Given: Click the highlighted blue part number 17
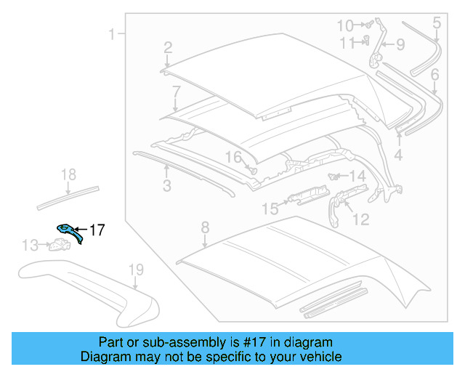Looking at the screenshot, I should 69,232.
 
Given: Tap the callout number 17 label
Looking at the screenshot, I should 97,230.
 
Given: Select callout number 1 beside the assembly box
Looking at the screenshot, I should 113,33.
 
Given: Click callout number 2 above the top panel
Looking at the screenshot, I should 168,48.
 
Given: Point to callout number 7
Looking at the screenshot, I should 176,92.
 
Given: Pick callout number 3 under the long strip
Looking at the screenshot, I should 167,186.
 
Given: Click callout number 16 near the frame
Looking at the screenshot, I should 232,158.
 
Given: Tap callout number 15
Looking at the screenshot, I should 270,209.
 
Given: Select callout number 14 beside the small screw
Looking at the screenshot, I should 357,177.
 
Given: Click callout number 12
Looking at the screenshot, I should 360,219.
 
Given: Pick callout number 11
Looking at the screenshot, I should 347,43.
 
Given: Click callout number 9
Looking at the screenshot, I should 400,45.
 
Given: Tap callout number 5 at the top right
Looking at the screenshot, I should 437,23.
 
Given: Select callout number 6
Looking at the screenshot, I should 434,74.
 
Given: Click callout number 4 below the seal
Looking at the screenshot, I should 398,155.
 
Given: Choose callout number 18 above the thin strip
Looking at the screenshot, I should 68,174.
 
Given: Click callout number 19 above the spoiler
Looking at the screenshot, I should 137,271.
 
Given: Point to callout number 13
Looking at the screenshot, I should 29,246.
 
